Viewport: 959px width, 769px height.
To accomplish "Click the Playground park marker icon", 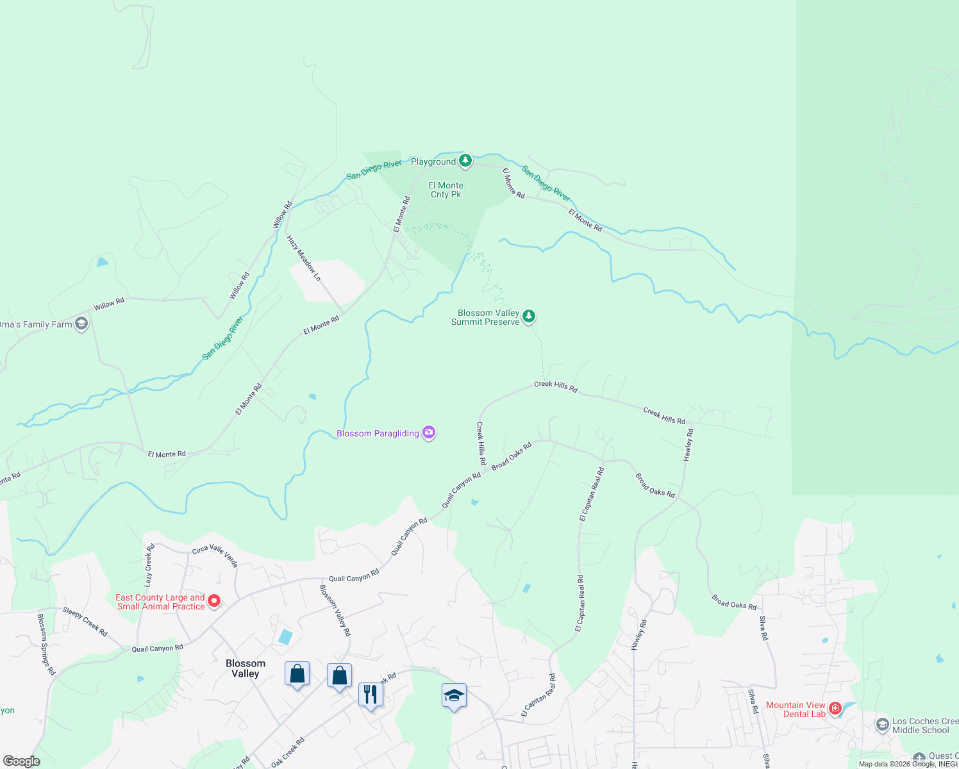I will click(465, 160).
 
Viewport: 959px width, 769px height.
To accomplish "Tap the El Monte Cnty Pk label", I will click(446, 190).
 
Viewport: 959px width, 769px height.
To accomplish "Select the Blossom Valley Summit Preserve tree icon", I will click(529, 316).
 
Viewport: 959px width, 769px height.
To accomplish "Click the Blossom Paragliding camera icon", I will click(429, 433).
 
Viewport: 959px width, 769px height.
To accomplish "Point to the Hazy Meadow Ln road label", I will click(304, 258).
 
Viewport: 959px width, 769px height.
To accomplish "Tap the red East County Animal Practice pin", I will click(214, 601).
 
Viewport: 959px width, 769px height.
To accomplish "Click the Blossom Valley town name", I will click(245, 668).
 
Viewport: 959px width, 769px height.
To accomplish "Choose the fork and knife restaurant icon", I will click(371, 694).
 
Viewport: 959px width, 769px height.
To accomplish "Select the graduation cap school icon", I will click(454, 695).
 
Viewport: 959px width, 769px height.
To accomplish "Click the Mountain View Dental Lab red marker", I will click(835, 708).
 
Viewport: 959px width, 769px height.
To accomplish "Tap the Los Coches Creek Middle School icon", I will click(883, 725).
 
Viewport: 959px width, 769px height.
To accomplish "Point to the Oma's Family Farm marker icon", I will click(81, 323).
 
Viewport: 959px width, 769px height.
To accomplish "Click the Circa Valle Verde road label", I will click(215, 555).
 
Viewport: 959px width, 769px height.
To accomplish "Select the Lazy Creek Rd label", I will click(149, 566).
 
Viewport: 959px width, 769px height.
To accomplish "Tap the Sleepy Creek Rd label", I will click(85, 621).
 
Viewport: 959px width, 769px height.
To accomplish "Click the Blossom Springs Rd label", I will click(46, 645).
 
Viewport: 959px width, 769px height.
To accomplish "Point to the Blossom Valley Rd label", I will click(335, 610).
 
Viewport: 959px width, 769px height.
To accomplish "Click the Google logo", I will click(21, 761).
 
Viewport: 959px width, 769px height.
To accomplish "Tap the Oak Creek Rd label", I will click(288, 752).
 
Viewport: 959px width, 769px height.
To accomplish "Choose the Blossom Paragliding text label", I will click(378, 434).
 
